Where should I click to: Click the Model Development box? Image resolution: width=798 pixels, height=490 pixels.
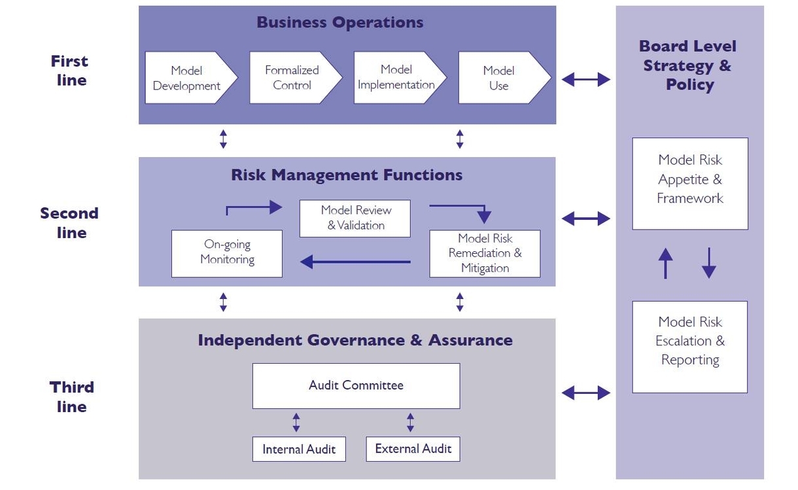187,78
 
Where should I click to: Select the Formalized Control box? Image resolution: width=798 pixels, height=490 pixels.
292,78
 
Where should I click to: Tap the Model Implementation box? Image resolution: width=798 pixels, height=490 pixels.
396,78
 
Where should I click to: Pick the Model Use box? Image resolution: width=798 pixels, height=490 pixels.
499,78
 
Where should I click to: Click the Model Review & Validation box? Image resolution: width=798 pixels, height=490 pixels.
355,218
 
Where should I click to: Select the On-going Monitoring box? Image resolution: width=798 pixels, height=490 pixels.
227,253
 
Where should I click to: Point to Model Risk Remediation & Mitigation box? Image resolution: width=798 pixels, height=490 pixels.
485,253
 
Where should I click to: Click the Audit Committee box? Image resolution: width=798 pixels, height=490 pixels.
356,385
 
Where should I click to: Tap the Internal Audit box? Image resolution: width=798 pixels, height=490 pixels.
299,449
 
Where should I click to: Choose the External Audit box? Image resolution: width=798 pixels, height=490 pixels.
413,449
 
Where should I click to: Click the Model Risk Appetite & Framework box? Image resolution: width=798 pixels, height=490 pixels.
690,183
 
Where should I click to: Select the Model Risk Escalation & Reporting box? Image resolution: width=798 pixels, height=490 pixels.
690,347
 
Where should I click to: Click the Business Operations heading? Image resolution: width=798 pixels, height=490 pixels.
340,22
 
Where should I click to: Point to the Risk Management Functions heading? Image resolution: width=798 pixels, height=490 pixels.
347,175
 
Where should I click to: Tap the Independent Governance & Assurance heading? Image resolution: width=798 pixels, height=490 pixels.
355,340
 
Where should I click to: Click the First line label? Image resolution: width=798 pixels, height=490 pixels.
69,71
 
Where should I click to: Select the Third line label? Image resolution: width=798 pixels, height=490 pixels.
71,396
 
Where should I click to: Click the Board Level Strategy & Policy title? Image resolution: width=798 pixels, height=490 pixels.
688,65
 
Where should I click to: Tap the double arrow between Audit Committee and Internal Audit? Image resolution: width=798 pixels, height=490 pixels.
296,422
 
